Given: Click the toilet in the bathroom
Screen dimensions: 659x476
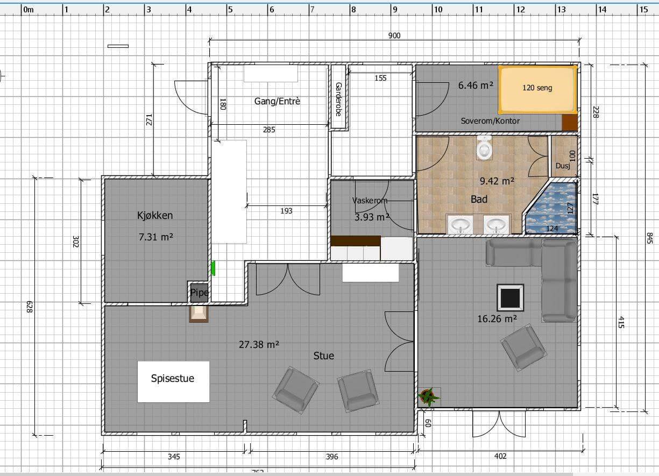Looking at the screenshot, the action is (484, 148).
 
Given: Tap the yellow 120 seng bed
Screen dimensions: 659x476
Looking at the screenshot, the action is (538, 90).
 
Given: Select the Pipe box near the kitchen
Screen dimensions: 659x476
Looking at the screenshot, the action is (199, 293).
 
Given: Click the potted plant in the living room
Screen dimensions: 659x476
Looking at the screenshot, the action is (429, 396).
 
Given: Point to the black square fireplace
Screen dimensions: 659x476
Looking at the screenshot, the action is (511, 297).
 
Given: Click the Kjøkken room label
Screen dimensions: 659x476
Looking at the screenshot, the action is (155, 216).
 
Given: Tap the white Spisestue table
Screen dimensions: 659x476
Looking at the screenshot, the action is (173, 381).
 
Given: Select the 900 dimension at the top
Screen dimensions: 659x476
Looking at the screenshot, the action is (394, 35).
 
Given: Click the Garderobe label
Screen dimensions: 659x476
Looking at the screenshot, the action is (338, 99).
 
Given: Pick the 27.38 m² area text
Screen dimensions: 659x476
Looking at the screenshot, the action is (259, 344).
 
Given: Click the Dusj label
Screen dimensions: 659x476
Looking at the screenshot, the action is (563, 166).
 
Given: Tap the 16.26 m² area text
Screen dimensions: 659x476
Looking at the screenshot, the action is (497, 318).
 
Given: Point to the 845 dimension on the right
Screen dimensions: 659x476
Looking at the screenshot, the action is (650, 238).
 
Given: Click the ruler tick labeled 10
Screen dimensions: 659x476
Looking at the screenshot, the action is (438, 10).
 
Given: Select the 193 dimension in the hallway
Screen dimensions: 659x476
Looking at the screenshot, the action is (286, 211).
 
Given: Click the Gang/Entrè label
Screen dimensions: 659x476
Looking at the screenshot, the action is (277, 101).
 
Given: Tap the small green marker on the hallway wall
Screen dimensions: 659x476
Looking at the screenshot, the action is (213, 268).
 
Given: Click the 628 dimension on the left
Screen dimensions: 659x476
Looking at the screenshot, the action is (30, 307).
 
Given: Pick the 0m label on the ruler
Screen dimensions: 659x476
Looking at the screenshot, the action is (29, 10).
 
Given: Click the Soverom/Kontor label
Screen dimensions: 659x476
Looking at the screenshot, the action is (490, 121).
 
